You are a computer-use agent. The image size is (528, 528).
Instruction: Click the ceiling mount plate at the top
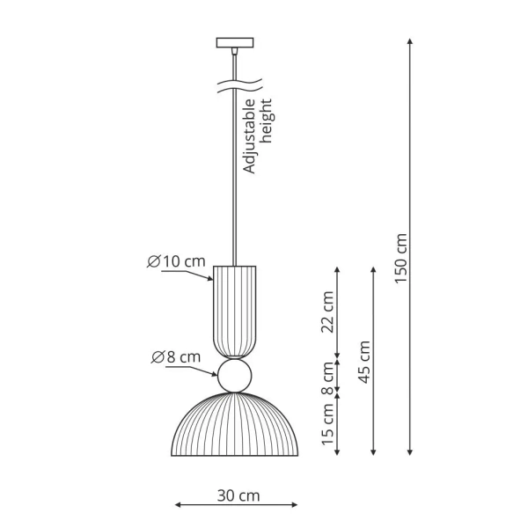click(x=234, y=41)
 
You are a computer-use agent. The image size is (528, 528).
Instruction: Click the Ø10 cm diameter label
click(x=177, y=261)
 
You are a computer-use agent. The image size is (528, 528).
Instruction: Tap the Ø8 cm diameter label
click(x=175, y=356)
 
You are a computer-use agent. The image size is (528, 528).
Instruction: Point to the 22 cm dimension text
click(x=327, y=312)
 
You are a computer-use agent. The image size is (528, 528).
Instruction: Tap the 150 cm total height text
click(x=401, y=258)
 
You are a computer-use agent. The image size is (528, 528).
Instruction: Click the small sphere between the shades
click(x=235, y=376)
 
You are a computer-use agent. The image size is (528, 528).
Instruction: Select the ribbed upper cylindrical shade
click(x=235, y=309)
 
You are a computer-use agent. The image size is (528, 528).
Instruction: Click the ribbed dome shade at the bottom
click(x=235, y=426)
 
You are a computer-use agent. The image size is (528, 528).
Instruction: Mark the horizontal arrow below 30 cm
click(x=236, y=505)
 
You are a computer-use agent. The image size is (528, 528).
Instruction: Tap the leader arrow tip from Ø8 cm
click(x=217, y=372)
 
